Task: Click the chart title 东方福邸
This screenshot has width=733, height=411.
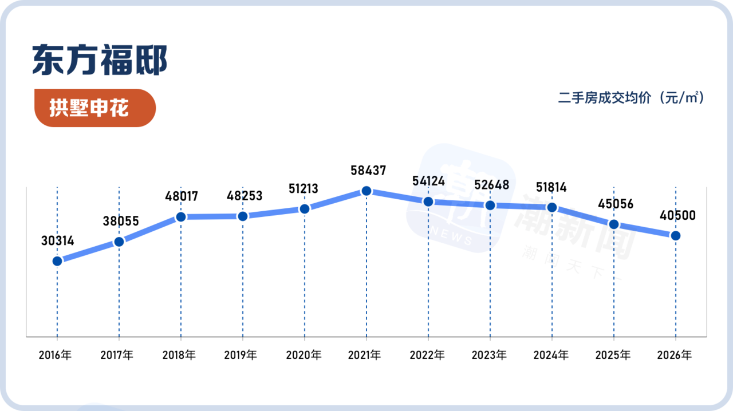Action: point(100,60)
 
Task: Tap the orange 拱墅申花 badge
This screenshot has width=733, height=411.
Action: point(95,108)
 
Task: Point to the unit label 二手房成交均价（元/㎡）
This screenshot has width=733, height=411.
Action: point(631,98)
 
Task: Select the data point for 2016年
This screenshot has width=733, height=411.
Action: point(57,261)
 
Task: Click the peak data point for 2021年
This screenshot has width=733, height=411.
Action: point(366,191)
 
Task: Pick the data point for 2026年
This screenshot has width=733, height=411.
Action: point(676,236)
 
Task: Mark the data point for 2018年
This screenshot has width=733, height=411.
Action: point(181,217)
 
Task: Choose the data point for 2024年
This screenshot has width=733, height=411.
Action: point(552,207)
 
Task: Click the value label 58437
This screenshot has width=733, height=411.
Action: point(368,171)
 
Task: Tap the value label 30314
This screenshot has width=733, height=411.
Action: point(58,241)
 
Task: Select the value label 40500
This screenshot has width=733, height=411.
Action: point(677,215)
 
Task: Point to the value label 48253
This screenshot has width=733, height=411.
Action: point(245,196)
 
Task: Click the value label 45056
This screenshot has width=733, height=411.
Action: point(616,204)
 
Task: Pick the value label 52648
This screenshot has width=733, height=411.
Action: point(492,185)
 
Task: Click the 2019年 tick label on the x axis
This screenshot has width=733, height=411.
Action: point(241,355)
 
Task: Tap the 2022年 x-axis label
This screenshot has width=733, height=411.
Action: point(427,355)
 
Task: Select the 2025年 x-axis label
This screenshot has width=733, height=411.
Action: point(613,355)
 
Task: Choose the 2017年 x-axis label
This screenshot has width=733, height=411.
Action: point(117,355)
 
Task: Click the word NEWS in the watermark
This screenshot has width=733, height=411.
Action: point(451,235)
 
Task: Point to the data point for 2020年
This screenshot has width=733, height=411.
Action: point(305,209)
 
